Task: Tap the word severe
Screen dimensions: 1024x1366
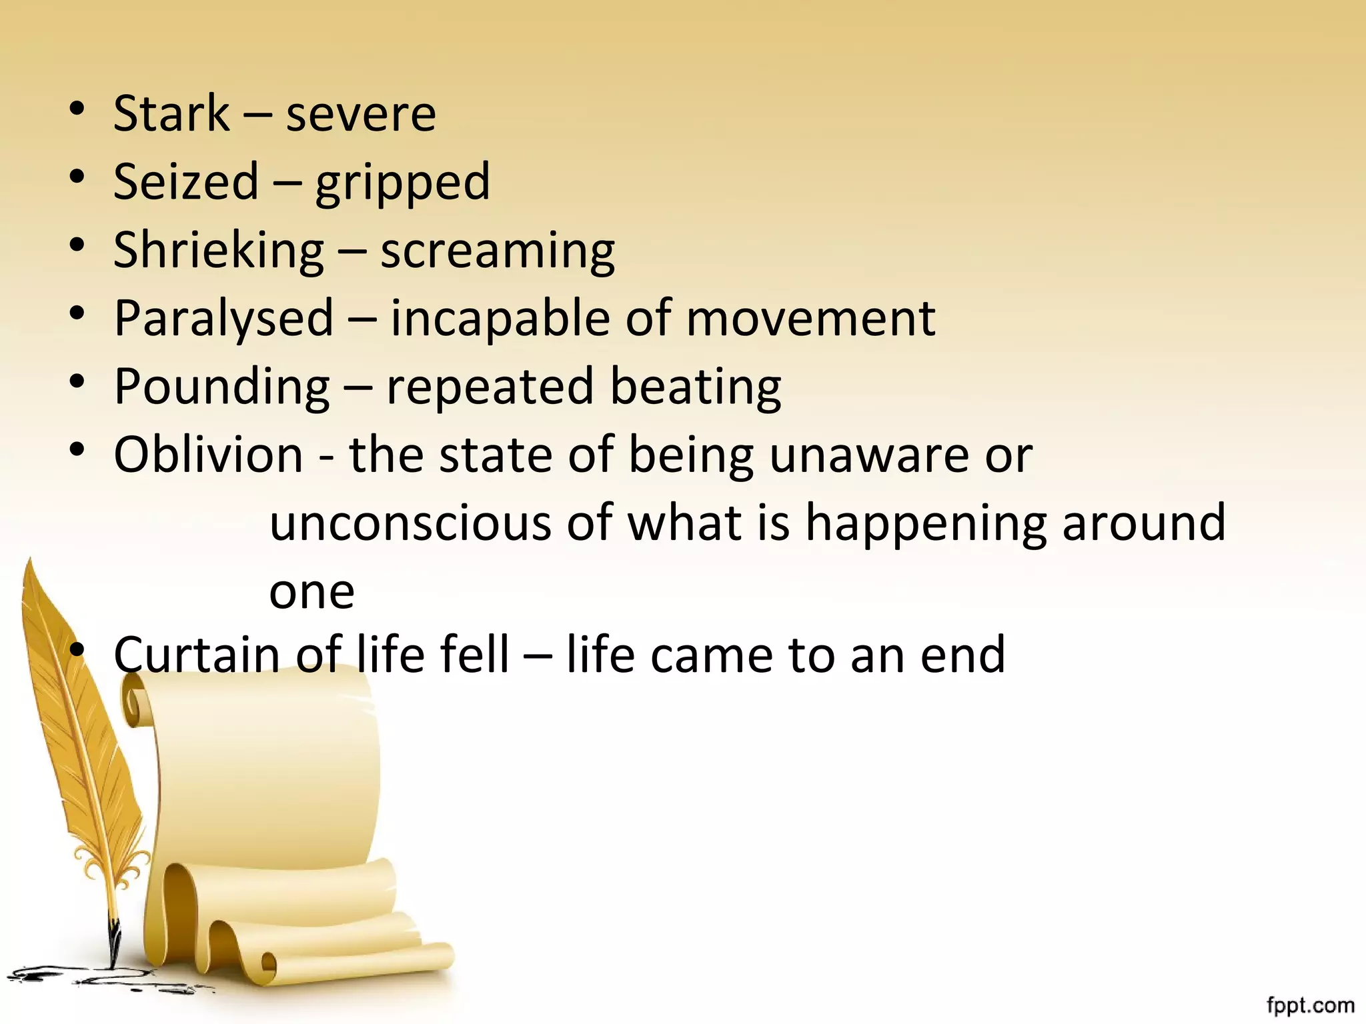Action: point(361,115)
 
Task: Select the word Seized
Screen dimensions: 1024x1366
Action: point(186,181)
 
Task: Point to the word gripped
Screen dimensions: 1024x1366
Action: point(403,183)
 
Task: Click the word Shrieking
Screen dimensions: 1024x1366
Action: point(219,251)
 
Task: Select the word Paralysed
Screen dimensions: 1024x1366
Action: point(223,319)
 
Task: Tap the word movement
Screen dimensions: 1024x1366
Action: point(810,319)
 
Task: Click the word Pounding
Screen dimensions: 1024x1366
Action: point(221,387)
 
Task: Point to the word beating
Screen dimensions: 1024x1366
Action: point(695,387)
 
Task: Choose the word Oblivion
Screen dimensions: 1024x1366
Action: point(208,455)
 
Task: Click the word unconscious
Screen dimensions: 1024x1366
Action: point(410,523)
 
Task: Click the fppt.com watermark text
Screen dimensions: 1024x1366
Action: point(1310,1005)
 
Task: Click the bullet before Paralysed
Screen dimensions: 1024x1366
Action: point(77,313)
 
